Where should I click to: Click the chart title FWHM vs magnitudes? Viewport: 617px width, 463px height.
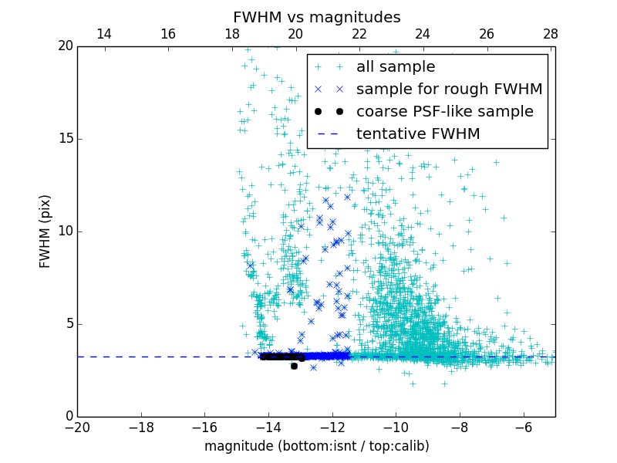(316, 17)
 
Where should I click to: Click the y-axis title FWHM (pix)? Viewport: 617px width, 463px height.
(46, 231)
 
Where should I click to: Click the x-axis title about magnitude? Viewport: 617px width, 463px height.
(316, 446)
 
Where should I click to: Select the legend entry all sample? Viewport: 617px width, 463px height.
(396, 67)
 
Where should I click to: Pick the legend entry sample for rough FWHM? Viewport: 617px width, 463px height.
(449, 90)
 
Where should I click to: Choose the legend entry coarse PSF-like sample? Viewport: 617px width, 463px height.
(444, 112)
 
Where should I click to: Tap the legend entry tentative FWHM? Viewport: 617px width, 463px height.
(418, 134)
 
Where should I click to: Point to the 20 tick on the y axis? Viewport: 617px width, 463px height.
(64, 46)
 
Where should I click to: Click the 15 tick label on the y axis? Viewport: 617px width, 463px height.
(64, 139)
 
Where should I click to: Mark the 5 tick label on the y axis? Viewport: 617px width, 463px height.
(68, 324)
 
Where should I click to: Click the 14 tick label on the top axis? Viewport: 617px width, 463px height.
(103, 34)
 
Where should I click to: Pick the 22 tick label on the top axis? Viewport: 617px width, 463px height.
(359, 34)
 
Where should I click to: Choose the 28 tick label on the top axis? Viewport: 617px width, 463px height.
(550, 34)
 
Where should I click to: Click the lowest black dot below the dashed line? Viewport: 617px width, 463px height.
(294, 366)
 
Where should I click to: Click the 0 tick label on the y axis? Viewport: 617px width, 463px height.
(68, 417)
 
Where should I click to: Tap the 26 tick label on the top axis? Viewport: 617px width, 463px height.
(486, 34)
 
